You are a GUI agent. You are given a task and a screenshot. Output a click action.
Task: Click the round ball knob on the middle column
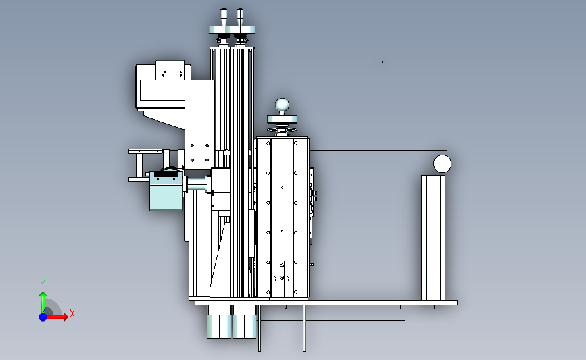click(282, 105)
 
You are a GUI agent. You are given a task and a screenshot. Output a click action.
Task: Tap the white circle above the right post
click(442, 163)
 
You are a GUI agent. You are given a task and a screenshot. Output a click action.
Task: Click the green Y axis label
click(43, 284)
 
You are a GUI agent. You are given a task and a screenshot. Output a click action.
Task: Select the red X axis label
click(72, 313)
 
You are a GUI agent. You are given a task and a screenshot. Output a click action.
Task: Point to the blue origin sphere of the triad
click(43, 317)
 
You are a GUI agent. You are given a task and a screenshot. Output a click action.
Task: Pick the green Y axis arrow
click(43, 302)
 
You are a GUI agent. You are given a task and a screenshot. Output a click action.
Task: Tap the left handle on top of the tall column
click(224, 17)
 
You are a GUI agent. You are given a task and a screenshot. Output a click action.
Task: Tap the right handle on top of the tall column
click(239, 17)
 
